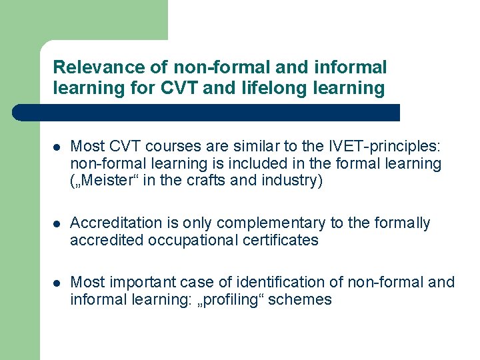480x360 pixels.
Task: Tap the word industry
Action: point(291,181)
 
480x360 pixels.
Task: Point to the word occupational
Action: point(175,240)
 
